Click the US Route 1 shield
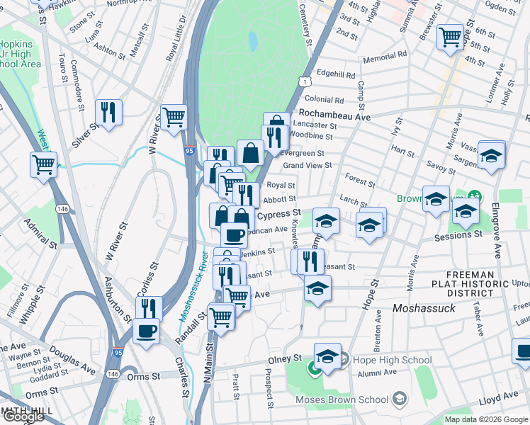303,82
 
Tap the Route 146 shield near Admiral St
63,209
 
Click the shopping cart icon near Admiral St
44,165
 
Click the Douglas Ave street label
78,363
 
